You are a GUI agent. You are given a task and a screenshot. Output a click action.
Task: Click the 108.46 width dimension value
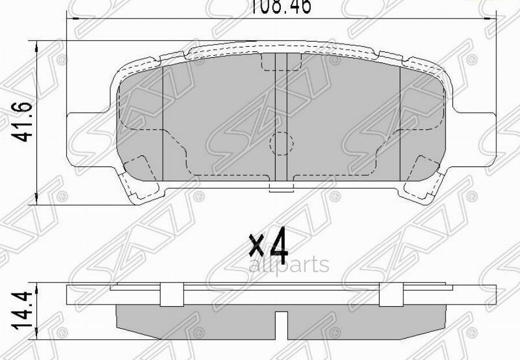pos(280,6)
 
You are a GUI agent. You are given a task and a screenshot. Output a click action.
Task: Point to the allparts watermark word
pos(289,265)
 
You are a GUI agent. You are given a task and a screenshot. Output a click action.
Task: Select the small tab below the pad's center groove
pos(281,187)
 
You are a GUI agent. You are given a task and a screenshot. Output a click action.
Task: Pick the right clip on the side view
pos(390,295)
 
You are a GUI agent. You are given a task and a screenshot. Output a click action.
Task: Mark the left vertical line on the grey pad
pos(164,121)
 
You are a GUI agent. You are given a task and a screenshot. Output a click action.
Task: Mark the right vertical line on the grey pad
pos(400,121)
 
